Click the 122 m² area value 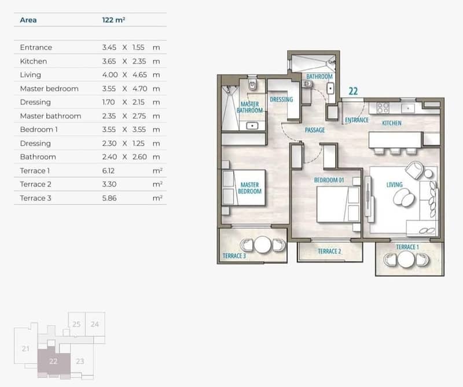[113, 20]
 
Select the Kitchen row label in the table [34, 61]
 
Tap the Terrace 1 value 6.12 [108, 170]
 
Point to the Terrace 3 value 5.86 [109, 198]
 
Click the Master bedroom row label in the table [49, 89]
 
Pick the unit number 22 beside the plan [353, 91]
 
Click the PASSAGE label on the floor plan [315, 130]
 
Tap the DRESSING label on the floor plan [281, 99]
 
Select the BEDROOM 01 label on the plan [329, 180]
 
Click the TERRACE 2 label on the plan [329, 251]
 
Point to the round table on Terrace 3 [263, 245]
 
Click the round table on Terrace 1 [406, 259]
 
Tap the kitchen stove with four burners [383, 107]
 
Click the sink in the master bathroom [252, 126]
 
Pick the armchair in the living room [415, 170]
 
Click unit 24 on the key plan [95, 324]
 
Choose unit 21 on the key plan [25, 349]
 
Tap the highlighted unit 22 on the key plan [53, 361]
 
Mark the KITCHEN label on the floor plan [392, 123]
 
